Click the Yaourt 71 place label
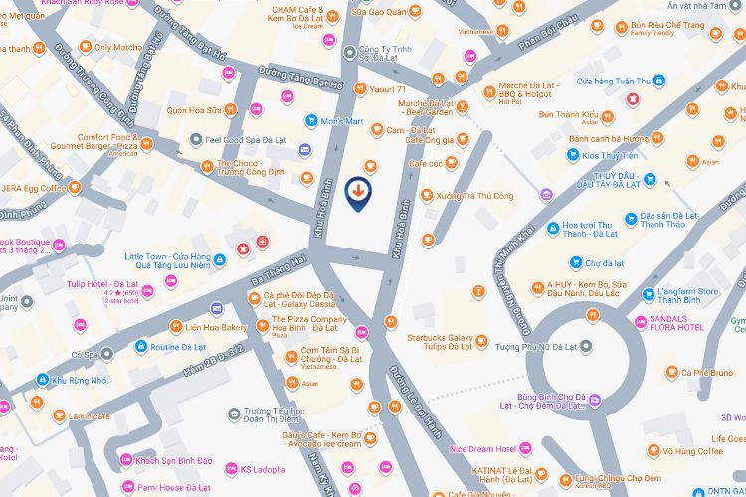(388, 90)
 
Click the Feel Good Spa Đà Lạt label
(245, 141)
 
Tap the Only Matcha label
(117, 47)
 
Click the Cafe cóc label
(425, 163)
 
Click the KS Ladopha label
(263, 469)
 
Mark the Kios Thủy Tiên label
(630, 156)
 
